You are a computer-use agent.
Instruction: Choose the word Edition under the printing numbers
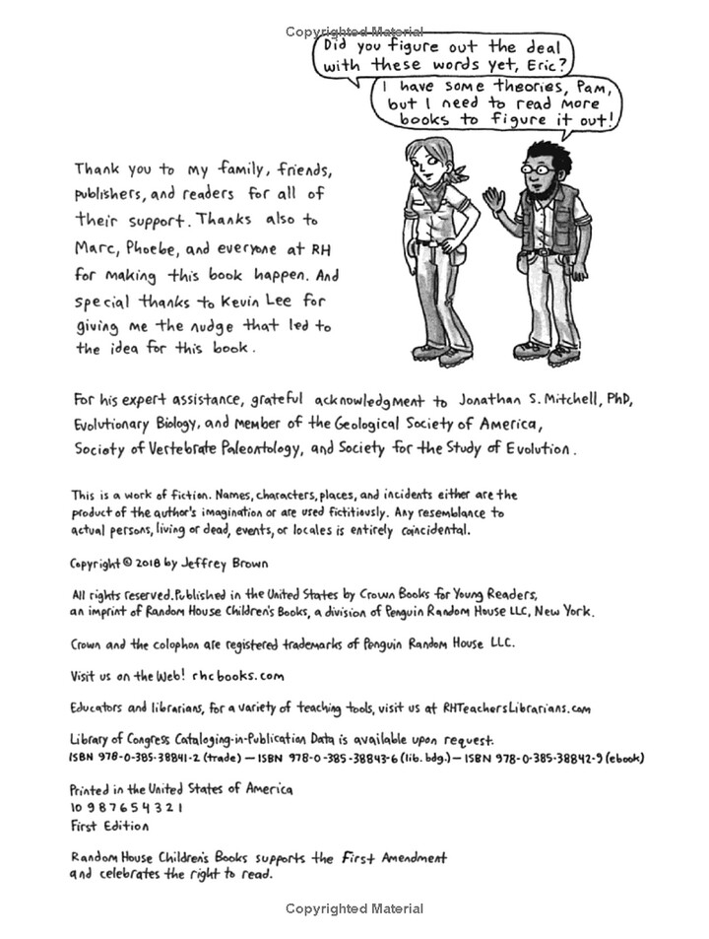coord(127,826)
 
